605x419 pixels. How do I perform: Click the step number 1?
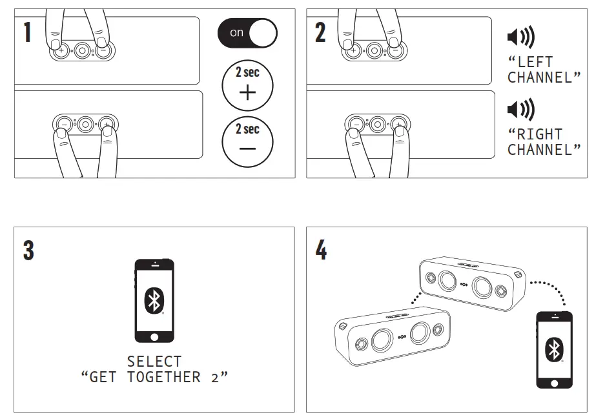(x=27, y=32)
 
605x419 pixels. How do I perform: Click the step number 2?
(x=320, y=32)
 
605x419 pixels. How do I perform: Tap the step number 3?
(x=28, y=250)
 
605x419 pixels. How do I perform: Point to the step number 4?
(x=321, y=250)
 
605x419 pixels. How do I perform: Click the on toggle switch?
(x=247, y=33)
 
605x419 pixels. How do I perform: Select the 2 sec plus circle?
(x=247, y=85)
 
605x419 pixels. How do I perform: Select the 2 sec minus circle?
(x=247, y=141)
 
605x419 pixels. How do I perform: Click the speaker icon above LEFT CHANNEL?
(x=520, y=39)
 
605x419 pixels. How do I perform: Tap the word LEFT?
(x=534, y=63)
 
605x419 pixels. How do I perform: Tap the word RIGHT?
(x=538, y=135)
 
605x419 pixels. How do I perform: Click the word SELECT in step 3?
(x=154, y=362)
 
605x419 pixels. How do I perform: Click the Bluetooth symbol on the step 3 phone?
(x=154, y=300)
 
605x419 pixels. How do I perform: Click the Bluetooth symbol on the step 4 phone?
(x=554, y=349)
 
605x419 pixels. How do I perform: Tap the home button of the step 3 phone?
(x=154, y=337)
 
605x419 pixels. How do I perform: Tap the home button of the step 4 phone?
(x=554, y=382)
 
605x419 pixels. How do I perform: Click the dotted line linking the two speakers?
(x=416, y=296)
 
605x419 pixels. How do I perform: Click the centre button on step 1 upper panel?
(x=81, y=50)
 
